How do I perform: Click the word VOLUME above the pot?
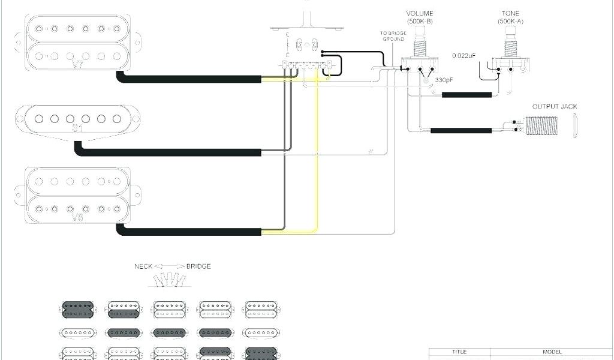point(420,14)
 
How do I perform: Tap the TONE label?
point(511,14)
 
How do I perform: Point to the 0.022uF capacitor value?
point(464,56)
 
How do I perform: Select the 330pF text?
point(444,80)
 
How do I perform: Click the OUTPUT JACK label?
point(554,107)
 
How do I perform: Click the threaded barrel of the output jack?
point(546,126)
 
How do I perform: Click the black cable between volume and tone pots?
point(467,95)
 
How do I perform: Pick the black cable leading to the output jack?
point(461,130)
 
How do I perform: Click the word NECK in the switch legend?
point(143,266)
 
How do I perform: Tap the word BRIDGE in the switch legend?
point(198,266)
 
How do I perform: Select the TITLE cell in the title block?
point(459,352)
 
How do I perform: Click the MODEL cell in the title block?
point(552,352)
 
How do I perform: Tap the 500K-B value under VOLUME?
point(420,22)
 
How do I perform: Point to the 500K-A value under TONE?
point(511,22)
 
